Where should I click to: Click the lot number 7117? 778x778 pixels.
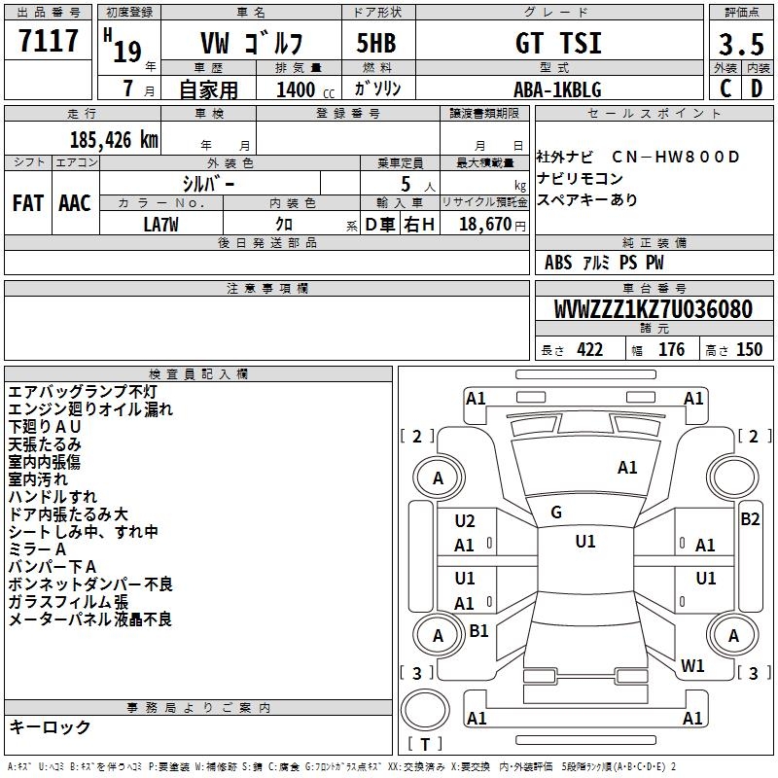[x=49, y=41]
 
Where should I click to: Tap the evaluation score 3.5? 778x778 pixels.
[x=741, y=45]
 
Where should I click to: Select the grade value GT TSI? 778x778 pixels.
[x=557, y=44]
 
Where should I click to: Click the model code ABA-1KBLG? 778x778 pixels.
[x=557, y=89]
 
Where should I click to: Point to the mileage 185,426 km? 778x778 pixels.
[x=114, y=139]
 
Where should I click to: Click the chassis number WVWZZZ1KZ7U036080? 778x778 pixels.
[x=653, y=309]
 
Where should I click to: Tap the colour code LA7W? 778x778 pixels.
[x=161, y=224]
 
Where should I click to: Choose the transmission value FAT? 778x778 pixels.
[x=28, y=203]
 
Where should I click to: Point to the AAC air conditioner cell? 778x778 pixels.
[x=75, y=203]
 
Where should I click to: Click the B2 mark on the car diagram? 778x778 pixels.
[x=750, y=519]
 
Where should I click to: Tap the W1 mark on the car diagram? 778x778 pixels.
[x=692, y=666]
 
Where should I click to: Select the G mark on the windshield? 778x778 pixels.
[x=556, y=513]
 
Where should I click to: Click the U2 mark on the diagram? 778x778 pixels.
[x=465, y=521]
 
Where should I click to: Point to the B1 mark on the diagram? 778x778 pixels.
[x=478, y=631]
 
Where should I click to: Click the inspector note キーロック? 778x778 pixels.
[x=51, y=726]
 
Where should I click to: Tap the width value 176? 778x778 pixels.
[x=672, y=350]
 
